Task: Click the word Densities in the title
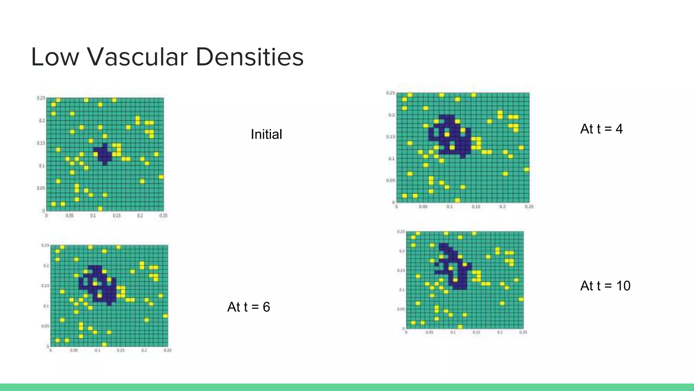pos(249,57)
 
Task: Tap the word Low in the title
pos(55,57)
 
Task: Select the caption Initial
pos(266,134)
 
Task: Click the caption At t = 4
pos(601,129)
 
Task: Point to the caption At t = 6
pos(248,307)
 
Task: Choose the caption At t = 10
pos(605,286)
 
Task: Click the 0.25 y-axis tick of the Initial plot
pos(41,98)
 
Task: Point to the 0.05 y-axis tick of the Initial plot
pos(41,188)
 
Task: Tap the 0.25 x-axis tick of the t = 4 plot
pos(529,207)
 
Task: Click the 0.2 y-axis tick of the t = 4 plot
pos(391,115)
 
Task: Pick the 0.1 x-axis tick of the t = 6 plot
pos(97,350)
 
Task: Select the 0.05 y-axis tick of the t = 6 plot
pos(45,326)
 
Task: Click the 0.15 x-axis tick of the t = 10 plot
pos(476,332)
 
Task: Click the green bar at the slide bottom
pos(347,387)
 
